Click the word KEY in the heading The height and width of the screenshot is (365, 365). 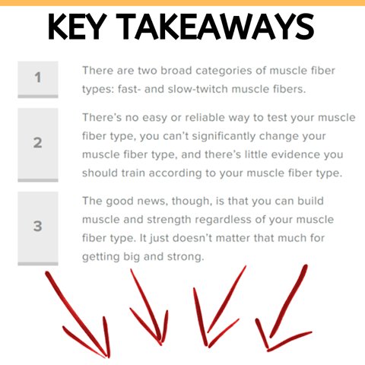(x=77, y=27)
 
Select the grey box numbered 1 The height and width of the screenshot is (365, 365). (x=38, y=79)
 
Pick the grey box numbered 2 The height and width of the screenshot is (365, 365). (x=38, y=145)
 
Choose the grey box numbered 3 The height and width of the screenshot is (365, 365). (x=38, y=228)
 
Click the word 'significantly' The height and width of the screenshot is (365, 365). (x=224, y=136)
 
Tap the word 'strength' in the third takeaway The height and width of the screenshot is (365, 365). (x=169, y=220)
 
